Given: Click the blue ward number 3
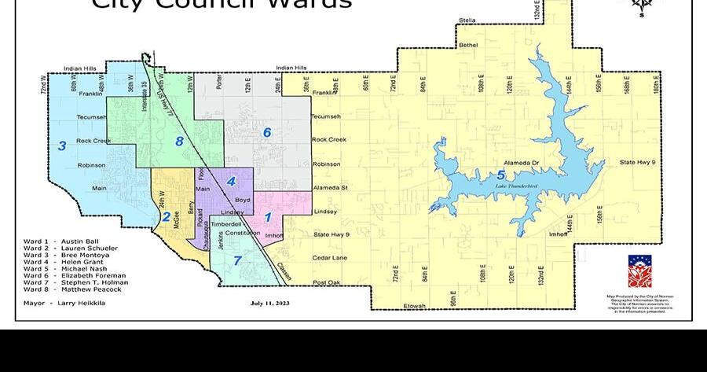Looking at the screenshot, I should (62, 145).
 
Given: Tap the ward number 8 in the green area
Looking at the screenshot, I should (179, 142).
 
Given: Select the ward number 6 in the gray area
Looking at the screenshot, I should (267, 132).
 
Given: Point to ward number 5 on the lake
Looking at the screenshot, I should (501, 175).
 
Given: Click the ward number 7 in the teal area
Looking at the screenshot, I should (237, 260).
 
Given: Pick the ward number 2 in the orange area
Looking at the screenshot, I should (167, 216).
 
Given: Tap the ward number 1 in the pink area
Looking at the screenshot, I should (268, 217).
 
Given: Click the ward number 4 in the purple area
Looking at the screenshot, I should (231, 182).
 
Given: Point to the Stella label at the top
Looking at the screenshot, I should (467, 20).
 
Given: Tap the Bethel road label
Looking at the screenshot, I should (468, 45).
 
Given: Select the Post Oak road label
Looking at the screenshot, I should (326, 282).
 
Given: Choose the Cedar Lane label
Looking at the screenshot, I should (329, 258).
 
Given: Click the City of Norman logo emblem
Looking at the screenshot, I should (639, 271).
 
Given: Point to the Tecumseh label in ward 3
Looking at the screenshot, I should (91, 117).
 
